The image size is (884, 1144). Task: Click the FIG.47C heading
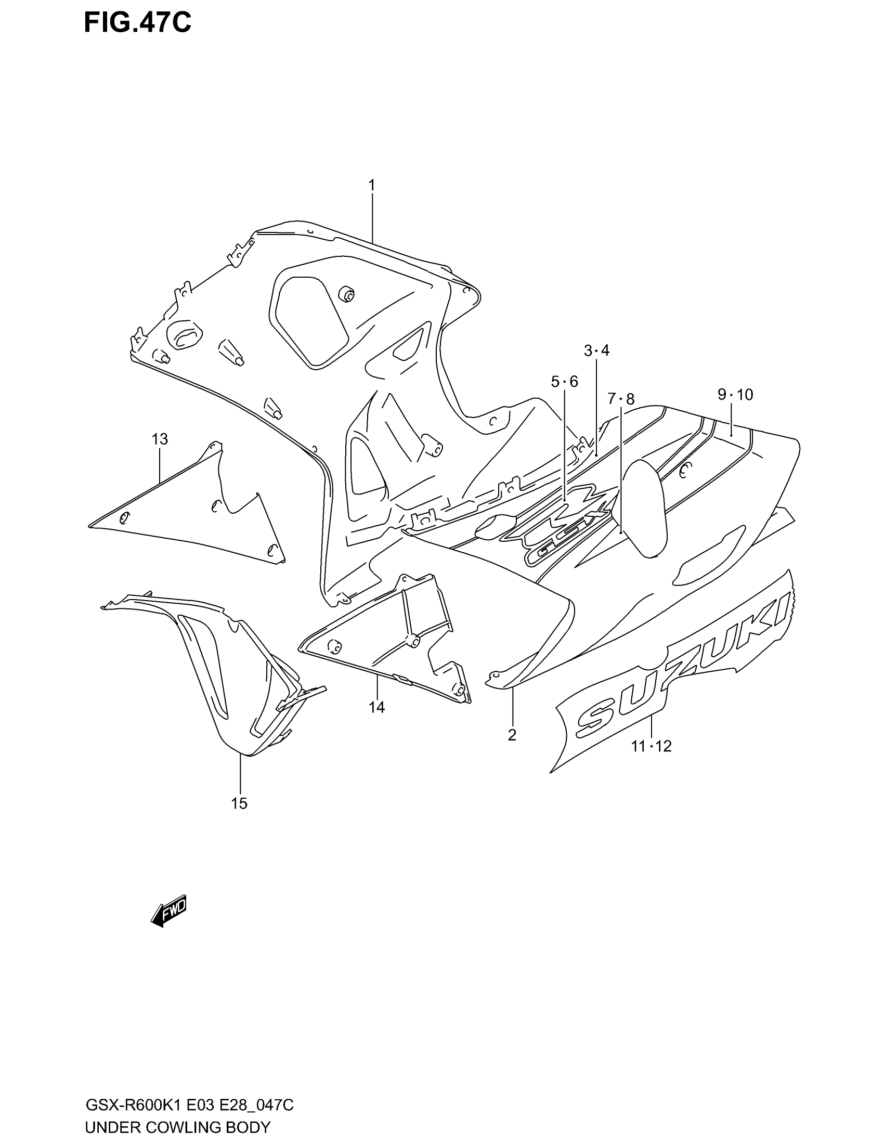coord(138,23)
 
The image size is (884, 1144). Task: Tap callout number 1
coord(371,185)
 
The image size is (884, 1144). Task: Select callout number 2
coord(512,735)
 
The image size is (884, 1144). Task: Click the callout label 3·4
coord(596,350)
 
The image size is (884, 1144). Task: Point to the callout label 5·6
coord(564,382)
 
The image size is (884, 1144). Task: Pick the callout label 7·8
coord(620,399)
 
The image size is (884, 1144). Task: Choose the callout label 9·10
coord(735,395)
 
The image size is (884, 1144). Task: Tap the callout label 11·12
coord(651,746)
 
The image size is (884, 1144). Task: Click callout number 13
coord(160,439)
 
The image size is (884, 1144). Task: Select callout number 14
coord(376,707)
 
